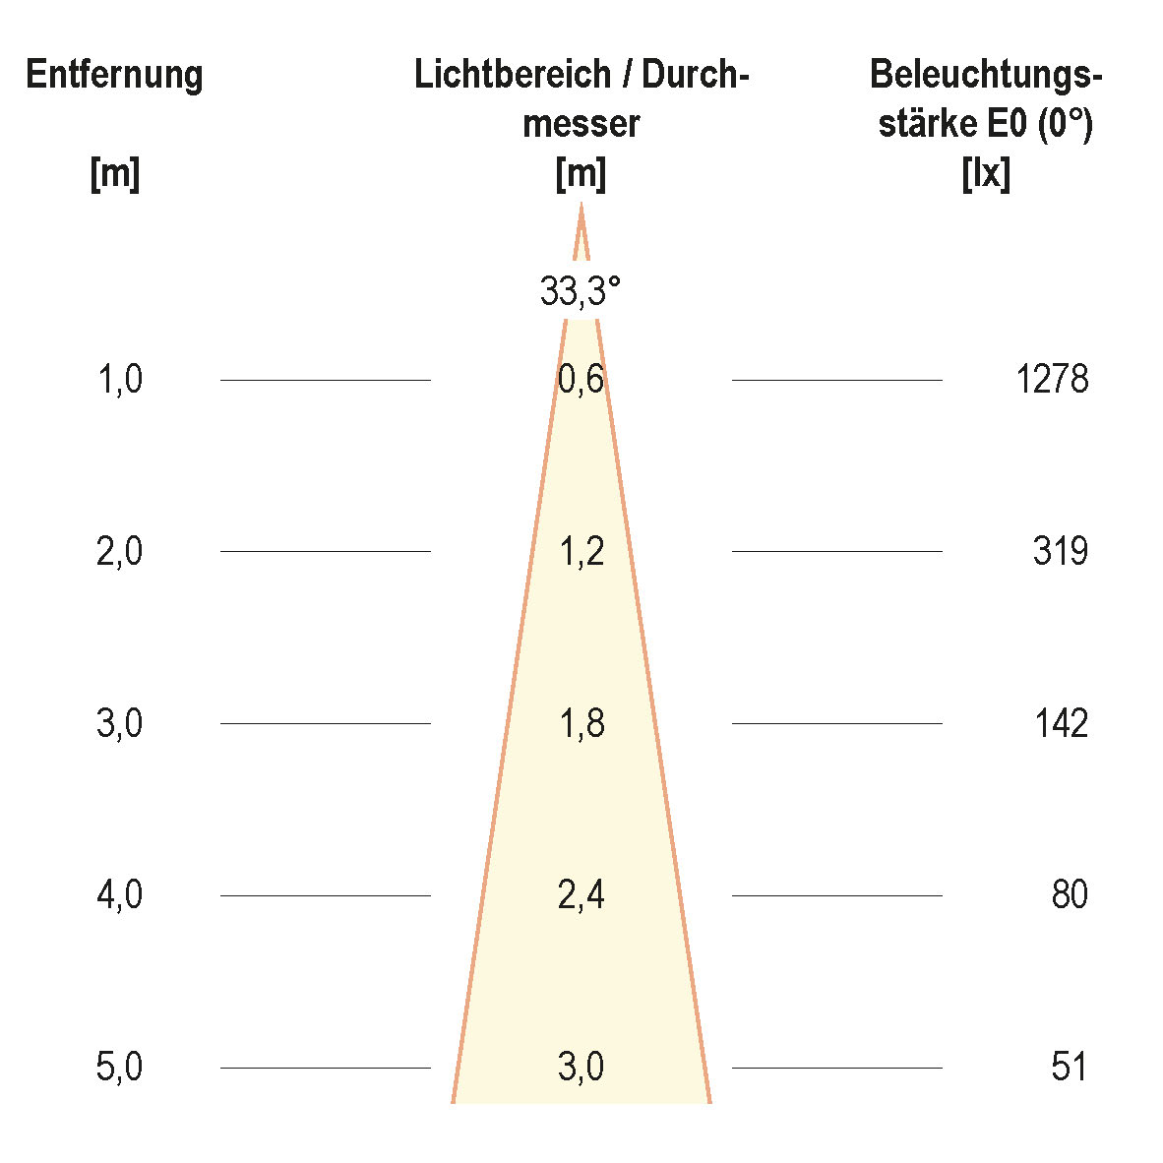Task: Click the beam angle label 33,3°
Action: [581, 291]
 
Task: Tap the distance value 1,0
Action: [120, 379]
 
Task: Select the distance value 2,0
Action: [120, 551]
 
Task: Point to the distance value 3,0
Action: [120, 723]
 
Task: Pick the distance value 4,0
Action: [120, 895]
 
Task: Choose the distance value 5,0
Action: [120, 1067]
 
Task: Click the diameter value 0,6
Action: [581, 379]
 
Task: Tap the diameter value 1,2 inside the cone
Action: [581, 551]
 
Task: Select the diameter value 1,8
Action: [581, 723]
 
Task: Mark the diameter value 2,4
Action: [581, 895]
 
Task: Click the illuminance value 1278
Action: [1052, 379]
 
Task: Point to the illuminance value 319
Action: [1060, 551]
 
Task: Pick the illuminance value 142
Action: [1061, 723]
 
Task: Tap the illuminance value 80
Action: [1069, 895]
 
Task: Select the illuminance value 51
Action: [1069, 1067]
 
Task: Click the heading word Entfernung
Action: [114, 75]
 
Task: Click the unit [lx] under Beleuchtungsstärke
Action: [985, 175]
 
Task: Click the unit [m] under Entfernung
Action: [114, 175]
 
